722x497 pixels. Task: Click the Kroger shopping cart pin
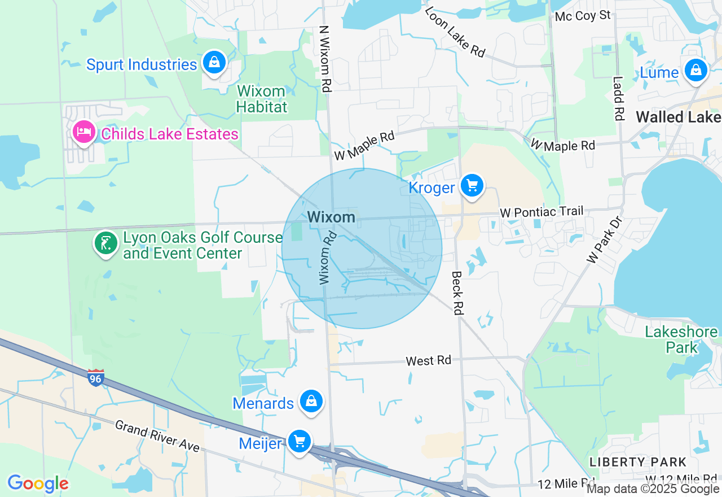tap(472, 186)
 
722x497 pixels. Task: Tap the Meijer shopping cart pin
tap(299, 441)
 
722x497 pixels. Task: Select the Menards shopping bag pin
tap(310, 402)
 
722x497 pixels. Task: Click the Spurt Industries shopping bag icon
tap(214, 62)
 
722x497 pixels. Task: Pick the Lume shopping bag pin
tap(696, 71)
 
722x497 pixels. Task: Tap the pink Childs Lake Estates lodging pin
tap(84, 133)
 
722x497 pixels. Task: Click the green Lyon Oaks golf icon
tap(105, 244)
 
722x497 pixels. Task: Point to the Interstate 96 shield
tap(96, 378)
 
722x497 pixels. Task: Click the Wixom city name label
tap(332, 217)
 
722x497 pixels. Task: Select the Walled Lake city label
tap(679, 117)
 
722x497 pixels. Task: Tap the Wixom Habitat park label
tap(262, 99)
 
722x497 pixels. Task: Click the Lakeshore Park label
tap(681, 339)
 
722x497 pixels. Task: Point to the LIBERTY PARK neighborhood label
tap(638, 462)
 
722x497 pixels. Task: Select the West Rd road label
tap(429, 360)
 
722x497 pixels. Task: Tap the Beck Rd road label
tap(457, 292)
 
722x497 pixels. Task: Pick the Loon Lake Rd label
tap(455, 32)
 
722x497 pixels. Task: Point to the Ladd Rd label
tap(618, 98)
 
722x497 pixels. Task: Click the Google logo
tap(38, 483)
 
